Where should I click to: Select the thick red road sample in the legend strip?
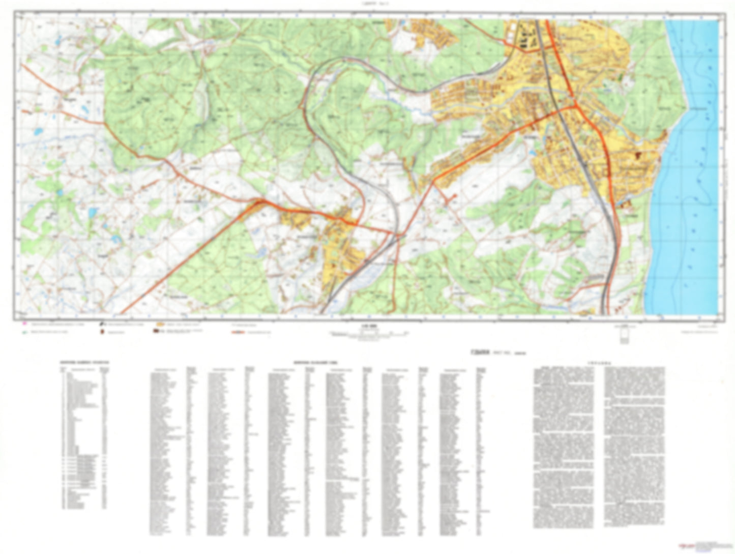point(239,332)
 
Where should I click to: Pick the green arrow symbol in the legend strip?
point(24,332)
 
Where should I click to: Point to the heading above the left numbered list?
point(84,363)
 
